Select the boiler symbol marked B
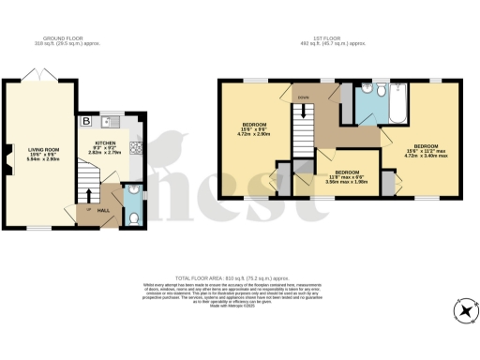pos(86,121)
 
